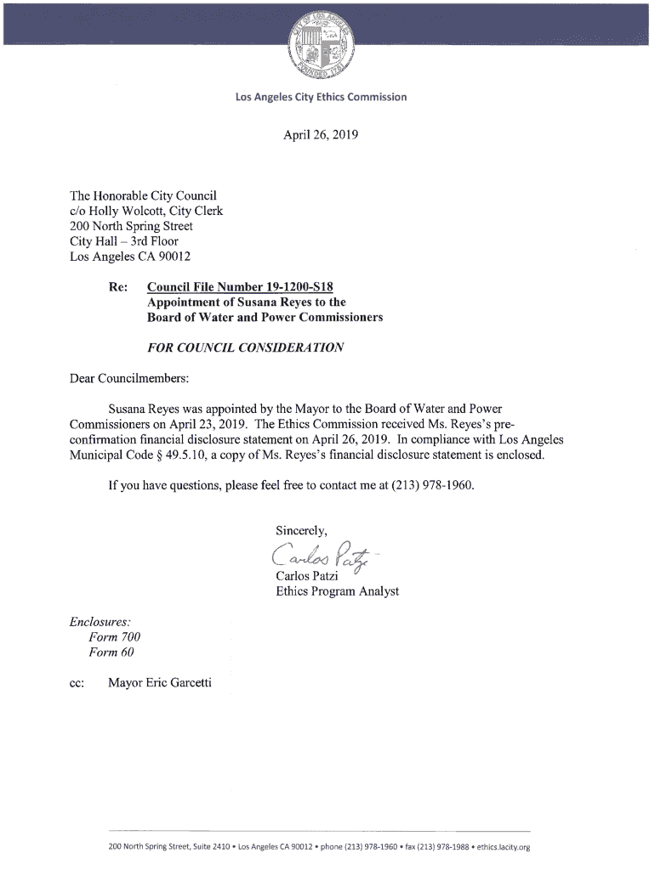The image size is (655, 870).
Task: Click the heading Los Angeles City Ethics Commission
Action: (x=322, y=97)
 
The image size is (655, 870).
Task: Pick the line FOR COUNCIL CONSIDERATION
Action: (x=245, y=347)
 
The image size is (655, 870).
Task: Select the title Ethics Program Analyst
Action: (x=337, y=591)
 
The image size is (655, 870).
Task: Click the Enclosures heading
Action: (x=100, y=621)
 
